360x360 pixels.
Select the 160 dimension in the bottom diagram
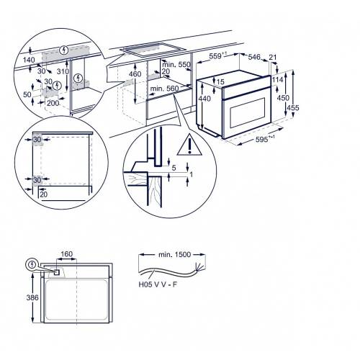(x=67, y=253)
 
